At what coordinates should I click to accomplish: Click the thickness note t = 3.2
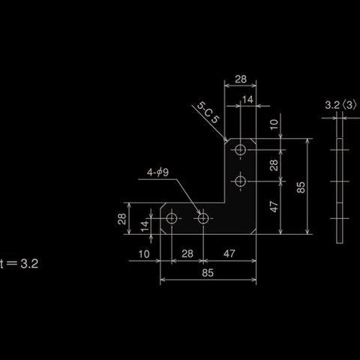tap(19, 264)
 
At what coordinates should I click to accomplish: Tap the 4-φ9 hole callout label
tap(157, 172)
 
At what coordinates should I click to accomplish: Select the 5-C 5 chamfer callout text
tap(208, 112)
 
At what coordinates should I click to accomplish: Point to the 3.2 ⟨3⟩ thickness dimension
tap(340, 105)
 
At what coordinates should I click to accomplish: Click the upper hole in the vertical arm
tap(240, 150)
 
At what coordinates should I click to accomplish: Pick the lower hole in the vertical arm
tap(240, 181)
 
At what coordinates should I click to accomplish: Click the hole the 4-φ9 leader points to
tap(203, 218)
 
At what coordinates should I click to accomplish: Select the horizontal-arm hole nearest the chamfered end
tap(172, 218)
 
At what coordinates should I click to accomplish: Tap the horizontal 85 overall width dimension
tap(208, 273)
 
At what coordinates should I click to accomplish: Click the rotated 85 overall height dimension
tap(301, 187)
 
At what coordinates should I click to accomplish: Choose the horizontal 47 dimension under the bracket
tap(229, 253)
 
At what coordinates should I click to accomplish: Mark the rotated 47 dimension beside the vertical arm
tap(274, 207)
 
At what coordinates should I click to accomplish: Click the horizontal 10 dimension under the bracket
tap(144, 254)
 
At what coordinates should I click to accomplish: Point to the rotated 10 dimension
tap(274, 124)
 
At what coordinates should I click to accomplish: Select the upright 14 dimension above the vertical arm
tap(247, 100)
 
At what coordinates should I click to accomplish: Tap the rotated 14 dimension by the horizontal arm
tap(145, 226)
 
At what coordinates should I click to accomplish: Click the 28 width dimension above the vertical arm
tap(241, 79)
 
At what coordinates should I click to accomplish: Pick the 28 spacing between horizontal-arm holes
tap(187, 253)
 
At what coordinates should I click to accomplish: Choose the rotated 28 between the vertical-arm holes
tap(274, 165)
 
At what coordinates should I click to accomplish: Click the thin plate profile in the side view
tap(340, 190)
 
